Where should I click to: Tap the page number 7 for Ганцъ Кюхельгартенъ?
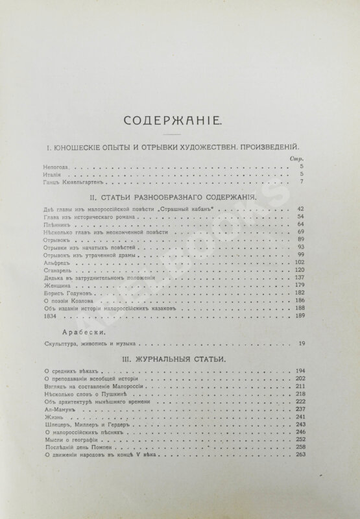(x=303, y=182)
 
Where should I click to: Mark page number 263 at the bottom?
(x=299, y=456)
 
